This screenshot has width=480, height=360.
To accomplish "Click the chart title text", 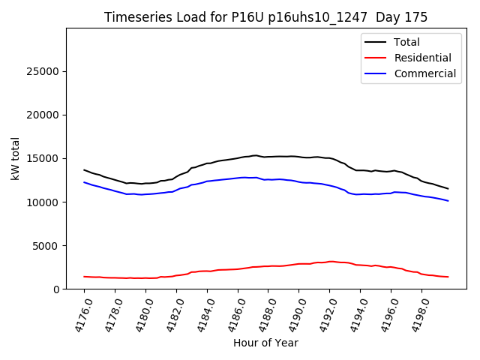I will [x=266, y=17].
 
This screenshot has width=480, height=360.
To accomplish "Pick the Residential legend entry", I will [x=422, y=58].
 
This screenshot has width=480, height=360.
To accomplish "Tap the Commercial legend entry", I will [x=424, y=73].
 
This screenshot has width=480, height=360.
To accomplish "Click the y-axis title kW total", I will [x=16, y=158].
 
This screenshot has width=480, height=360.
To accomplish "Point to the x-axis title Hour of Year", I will [x=266, y=343].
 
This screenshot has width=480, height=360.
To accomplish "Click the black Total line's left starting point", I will [x=84, y=169].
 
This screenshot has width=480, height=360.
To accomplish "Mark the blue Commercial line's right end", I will [x=448, y=201].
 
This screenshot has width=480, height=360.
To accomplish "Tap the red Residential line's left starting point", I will [x=84, y=277].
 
